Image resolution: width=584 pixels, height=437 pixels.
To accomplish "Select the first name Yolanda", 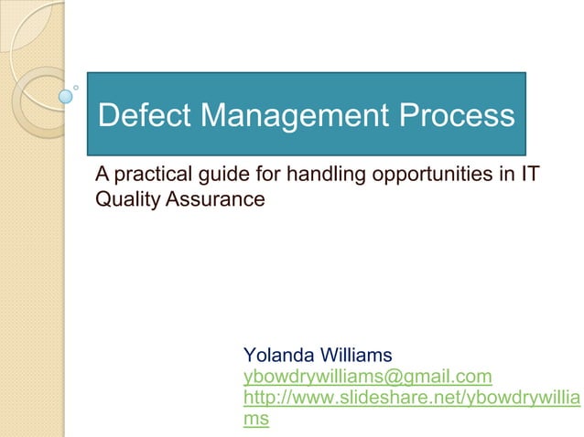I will pos(278,355).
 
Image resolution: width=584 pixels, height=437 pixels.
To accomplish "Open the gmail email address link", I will pos(367,376).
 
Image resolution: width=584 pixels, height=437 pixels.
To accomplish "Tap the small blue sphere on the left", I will pos(65,94).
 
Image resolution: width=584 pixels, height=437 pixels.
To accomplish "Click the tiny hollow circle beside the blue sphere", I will pos(76,88).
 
